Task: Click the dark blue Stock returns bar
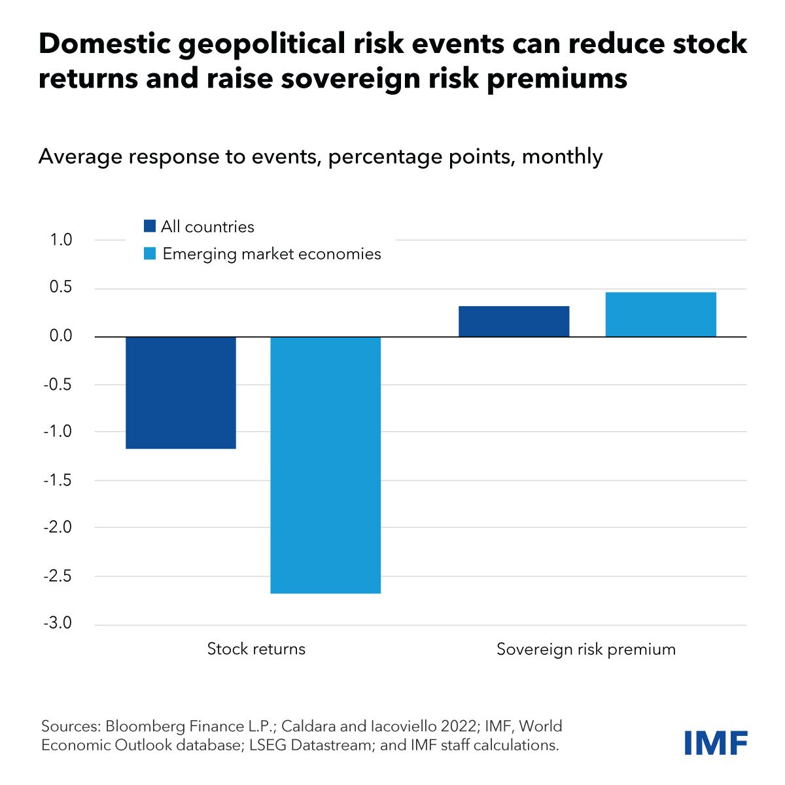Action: tap(181, 392)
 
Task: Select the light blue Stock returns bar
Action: tap(325, 464)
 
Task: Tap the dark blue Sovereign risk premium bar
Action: tap(514, 321)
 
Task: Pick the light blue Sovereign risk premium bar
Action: tap(661, 315)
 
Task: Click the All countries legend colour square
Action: tap(150, 226)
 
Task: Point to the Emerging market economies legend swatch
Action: tap(150, 253)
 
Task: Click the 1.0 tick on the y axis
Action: tap(60, 240)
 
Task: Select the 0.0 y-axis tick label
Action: tap(60, 336)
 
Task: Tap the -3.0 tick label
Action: tap(58, 623)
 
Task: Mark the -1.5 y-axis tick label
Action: tap(58, 480)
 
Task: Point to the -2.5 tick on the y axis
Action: tap(58, 576)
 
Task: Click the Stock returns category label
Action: tap(256, 649)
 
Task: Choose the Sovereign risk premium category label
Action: tap(585, 650)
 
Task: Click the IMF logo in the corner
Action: tap(715, 743)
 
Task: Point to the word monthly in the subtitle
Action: tap(562, 157)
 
